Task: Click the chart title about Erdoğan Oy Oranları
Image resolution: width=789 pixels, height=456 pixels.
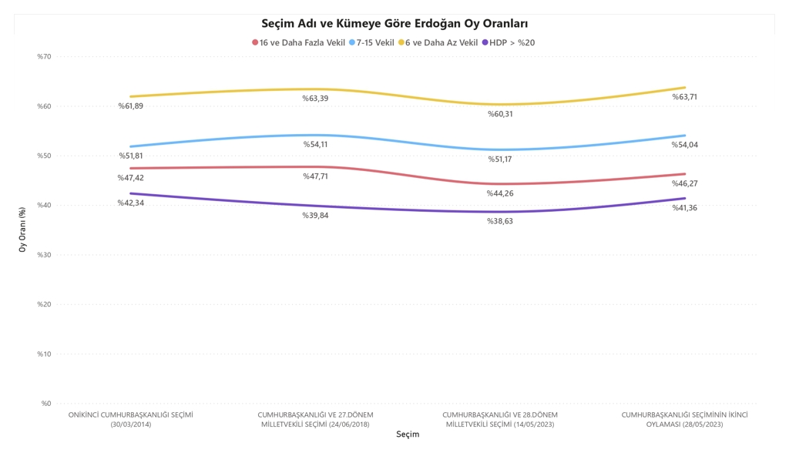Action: (394, 24)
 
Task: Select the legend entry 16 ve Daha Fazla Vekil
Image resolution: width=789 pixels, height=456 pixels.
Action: (302, 43)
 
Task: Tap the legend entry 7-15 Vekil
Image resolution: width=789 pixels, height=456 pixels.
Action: (375, 43)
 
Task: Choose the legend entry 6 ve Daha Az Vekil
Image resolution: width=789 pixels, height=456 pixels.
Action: (442, 43)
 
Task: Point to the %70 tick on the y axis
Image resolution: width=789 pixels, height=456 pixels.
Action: (43, 57)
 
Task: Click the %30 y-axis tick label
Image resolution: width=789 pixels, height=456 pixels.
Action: (43, 255)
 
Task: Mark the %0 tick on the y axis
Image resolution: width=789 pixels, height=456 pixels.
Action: (45, 404)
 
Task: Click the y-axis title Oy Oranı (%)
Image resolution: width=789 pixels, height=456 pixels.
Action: (22, 230)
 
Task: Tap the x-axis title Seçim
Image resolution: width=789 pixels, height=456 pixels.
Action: (408, 434)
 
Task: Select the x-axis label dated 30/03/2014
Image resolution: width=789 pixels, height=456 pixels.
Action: (130, 419)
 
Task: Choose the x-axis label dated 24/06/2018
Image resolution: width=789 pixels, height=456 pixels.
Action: (314, 419)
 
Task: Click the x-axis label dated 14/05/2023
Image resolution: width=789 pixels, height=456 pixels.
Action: (499, 419)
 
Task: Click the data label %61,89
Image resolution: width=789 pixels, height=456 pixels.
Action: (130, 106)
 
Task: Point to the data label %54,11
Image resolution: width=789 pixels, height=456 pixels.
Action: (314, 145)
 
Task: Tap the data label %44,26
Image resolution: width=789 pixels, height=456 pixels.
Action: (499, 193)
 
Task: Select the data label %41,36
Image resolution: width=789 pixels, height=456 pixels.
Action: (685, 208)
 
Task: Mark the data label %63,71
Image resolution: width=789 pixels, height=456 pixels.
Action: (685, 97)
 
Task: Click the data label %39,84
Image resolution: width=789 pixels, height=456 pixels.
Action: (314, 216)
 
